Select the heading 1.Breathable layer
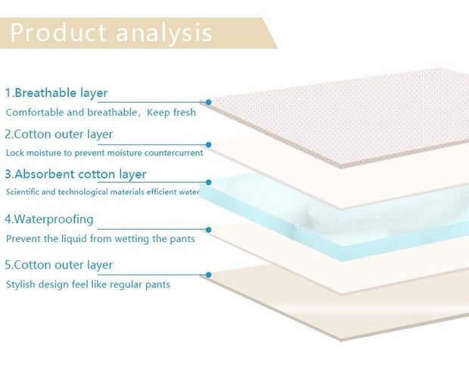coord(56,93)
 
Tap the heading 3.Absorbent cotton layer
coord(76,174)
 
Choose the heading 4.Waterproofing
coord(49,219)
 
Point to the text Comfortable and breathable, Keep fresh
coord(101,113)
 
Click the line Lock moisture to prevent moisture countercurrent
coord(104,153)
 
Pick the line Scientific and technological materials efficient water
coord(103,192)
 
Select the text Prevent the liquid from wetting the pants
coord(101,239)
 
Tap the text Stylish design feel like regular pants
coord(88,284)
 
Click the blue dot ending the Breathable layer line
coord(208,101)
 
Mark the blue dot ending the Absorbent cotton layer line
coord(208,182)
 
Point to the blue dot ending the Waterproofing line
coord(208,228)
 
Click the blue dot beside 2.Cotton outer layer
coord(208,143)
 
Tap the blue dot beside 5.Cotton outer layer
coord(208,274)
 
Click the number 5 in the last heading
coord(8,265)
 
